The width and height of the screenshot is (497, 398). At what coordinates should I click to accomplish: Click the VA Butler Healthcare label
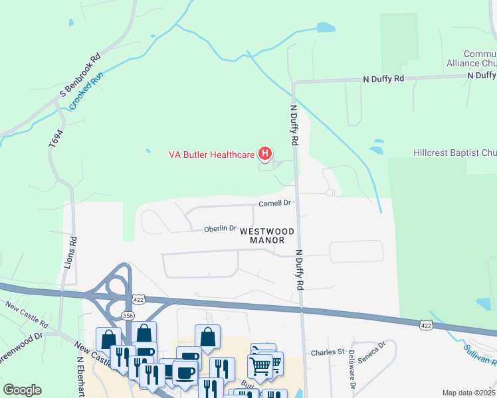click(212, 155)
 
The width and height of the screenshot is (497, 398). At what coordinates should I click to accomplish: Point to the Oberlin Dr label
click(220, 229)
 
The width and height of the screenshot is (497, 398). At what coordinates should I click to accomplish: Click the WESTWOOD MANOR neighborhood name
click(267, 235)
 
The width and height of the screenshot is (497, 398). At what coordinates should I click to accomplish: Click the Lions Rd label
click(74, 251)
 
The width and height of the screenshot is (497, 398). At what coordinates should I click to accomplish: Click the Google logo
click(23, 390)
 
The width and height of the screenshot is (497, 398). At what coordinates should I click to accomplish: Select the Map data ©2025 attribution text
click(469, 393)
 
